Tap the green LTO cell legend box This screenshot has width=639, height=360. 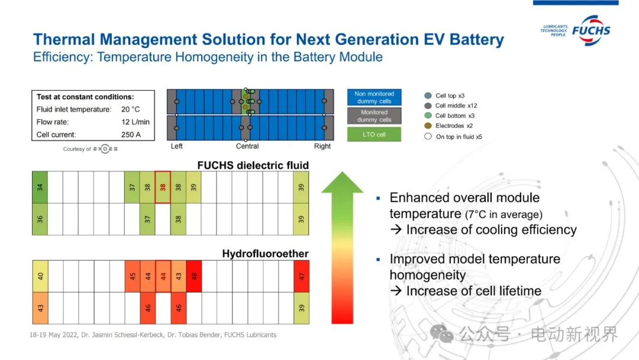(x=374, y=134)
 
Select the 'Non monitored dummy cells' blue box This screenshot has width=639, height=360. (x=374, y=97)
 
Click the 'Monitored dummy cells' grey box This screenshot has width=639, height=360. (x=374, y=116)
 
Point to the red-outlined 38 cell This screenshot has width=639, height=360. (x=163, y=187)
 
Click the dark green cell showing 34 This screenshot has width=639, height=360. (x=40, y=187)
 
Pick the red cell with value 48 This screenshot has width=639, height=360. (x=194, y=276)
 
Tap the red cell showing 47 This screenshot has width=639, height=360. (x=302, y=276)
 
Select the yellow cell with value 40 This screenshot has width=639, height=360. (x=40, y=276)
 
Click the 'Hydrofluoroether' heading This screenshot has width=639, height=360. (x=265, y=253)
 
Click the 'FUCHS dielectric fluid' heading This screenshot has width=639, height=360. (x=253, y=165)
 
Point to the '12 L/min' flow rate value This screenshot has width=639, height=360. (x=135, y=122)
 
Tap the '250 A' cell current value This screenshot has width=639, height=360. (x=131, y=134)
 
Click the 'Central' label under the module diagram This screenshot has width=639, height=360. (x=247, y=146)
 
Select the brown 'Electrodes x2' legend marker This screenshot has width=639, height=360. (x=428, y=126)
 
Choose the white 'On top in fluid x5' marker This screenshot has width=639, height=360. (x=428, y=136)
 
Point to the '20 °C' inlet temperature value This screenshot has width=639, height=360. (x=130, y=110)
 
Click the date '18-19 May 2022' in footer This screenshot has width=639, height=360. (x=53, y=335)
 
